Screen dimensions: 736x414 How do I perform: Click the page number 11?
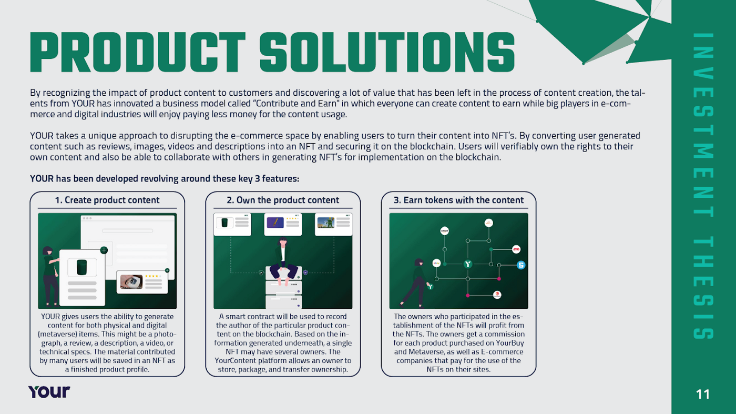703,394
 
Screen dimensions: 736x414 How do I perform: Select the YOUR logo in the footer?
49,392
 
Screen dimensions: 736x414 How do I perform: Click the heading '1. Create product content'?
107,200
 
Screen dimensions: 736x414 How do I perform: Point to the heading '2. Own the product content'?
283,200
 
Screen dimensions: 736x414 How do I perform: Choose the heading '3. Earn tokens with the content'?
458,200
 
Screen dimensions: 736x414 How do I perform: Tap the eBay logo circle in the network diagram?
436,262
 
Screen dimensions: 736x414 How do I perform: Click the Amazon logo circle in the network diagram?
444,230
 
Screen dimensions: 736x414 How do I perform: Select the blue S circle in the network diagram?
521,265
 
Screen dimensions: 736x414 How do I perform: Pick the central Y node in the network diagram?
468,264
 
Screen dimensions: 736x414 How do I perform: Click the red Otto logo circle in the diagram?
516,249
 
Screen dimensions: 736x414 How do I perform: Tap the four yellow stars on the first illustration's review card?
154,276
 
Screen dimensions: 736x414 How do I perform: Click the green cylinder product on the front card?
82,267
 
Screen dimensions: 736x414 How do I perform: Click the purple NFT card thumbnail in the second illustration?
275,223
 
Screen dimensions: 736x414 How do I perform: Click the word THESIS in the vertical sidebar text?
703,287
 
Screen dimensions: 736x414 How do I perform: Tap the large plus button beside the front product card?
104,250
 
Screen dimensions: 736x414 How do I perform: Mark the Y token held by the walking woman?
431,287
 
